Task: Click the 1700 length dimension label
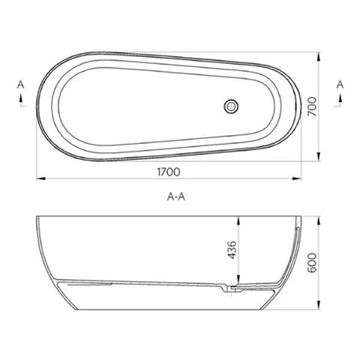(x=169, y=171)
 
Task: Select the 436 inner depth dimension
(x=232, y=250)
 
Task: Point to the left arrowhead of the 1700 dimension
(x=39, y=178)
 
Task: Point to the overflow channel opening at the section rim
(x=298, y=222)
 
